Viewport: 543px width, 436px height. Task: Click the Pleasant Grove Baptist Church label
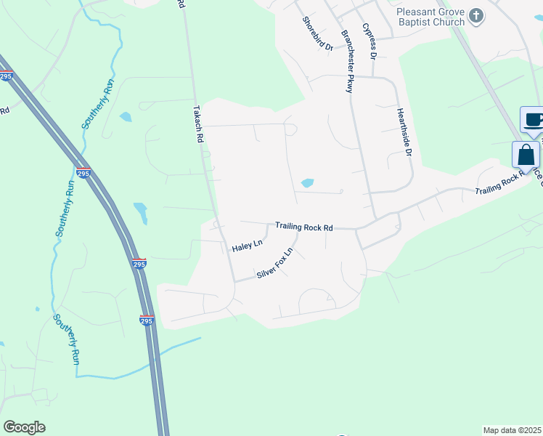click(x=430, y=17)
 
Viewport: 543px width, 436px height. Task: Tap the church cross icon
click(x=476, y=15)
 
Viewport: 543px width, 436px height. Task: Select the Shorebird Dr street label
click(x=317, y=33)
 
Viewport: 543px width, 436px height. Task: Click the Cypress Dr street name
click(x=370, y=41)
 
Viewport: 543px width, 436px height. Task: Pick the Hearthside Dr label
click(x=404, y=134)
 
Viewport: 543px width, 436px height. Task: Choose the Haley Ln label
click(x=246, y=246)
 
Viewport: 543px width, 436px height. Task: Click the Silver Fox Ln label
click(x=274, y=265)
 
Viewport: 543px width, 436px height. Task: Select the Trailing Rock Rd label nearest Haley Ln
click(x=303, y=227)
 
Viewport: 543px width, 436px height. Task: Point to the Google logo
click(x=24, y=427)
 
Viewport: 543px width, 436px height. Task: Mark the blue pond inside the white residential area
click(x=307, y=182)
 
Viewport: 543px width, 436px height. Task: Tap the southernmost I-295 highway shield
click(x=146, y=320)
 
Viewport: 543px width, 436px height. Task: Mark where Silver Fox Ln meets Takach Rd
click(x=234, y=281)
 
